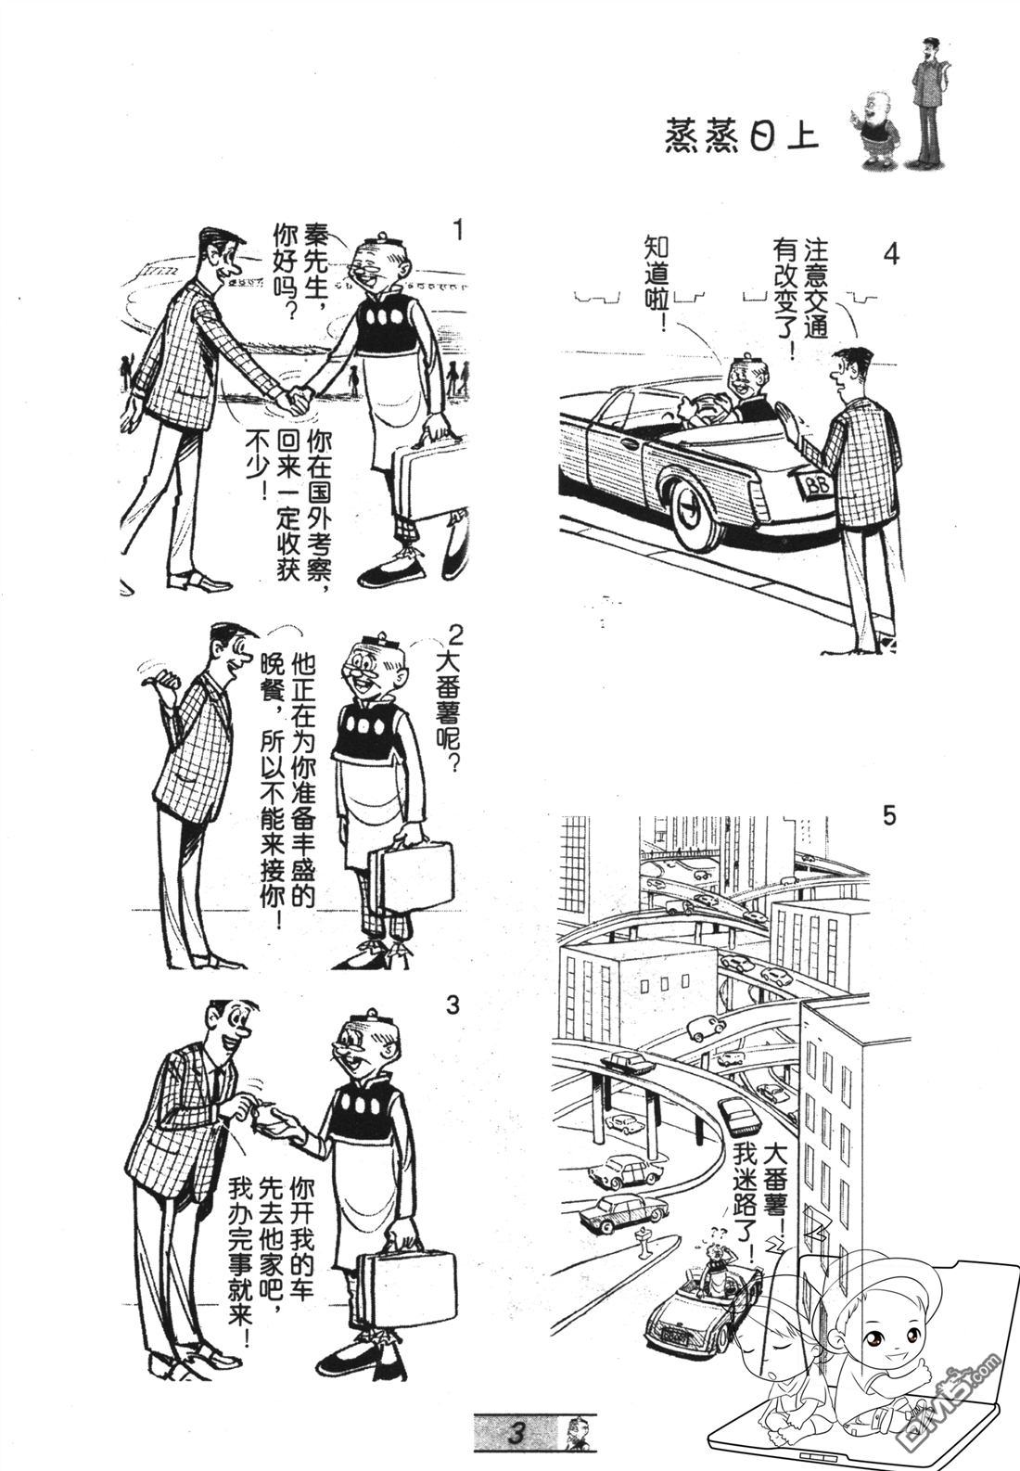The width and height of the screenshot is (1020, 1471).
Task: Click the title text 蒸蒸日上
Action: pyautogui.click(x=742, y=137)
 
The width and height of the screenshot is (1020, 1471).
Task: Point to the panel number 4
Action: pyautogui.click(x=890, y=253)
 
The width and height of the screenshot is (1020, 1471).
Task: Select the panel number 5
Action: pyautogui.click(x=889, y=817)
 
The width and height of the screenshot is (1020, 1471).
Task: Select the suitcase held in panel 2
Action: pyautogui.click(x=413, y=874)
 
